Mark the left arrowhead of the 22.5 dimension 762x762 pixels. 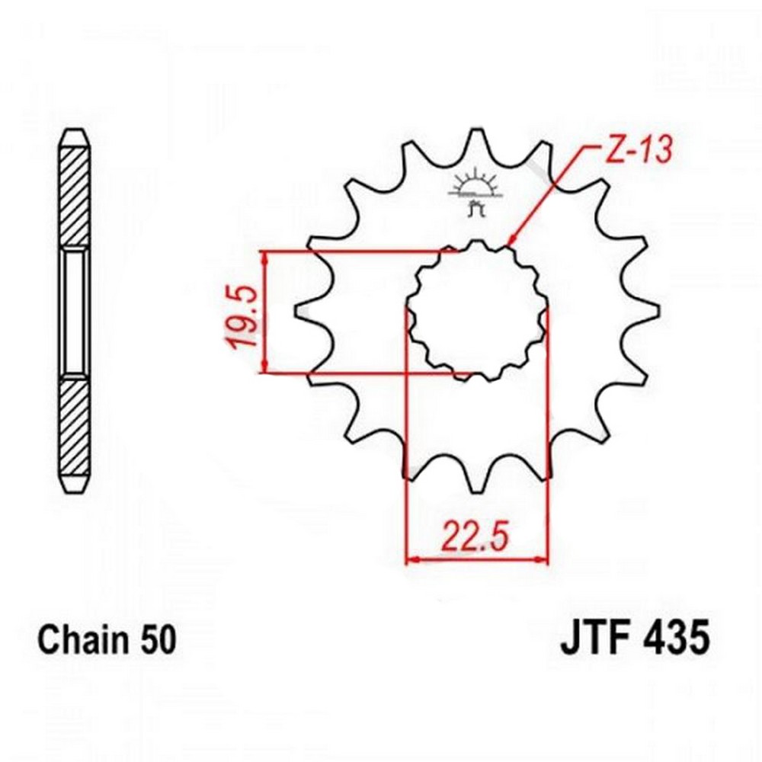click(x=412, y=560)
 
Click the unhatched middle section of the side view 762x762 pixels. click(x=74, y=312)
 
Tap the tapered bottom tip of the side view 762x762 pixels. click(x=74, y=484)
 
